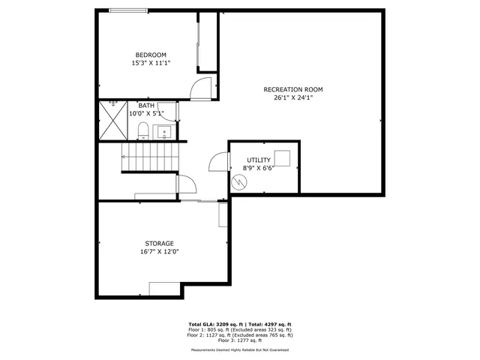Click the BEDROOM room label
151,55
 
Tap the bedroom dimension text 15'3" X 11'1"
151,63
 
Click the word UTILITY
259,160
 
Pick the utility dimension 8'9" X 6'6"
259,169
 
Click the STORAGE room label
160,243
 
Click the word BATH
146,106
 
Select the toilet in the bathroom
143,130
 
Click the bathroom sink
166,133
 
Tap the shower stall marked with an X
113,121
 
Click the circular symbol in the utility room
238,183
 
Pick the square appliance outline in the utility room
282,158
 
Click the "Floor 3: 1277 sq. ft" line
239,340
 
